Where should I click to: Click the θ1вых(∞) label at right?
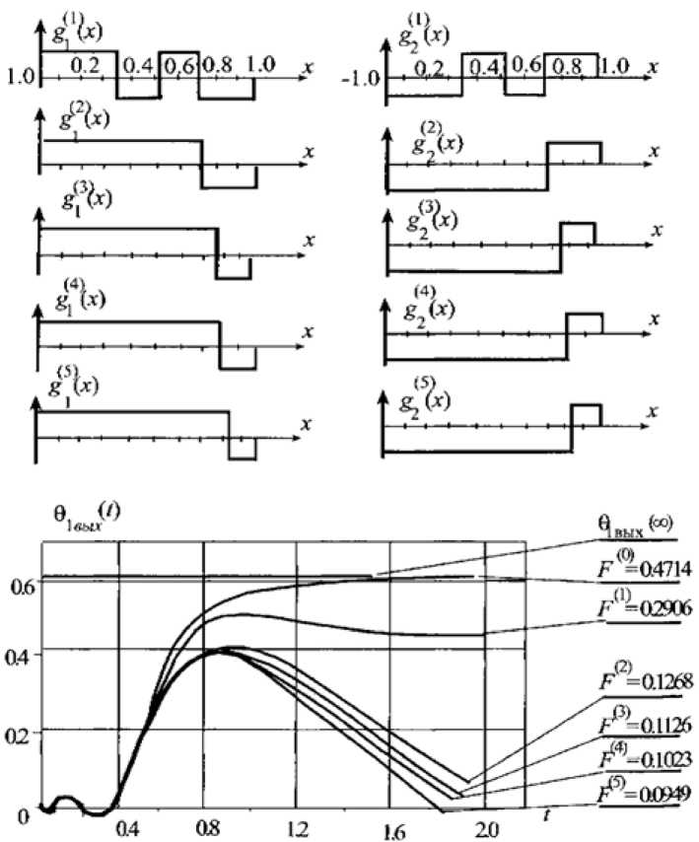[x=635, y=528]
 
